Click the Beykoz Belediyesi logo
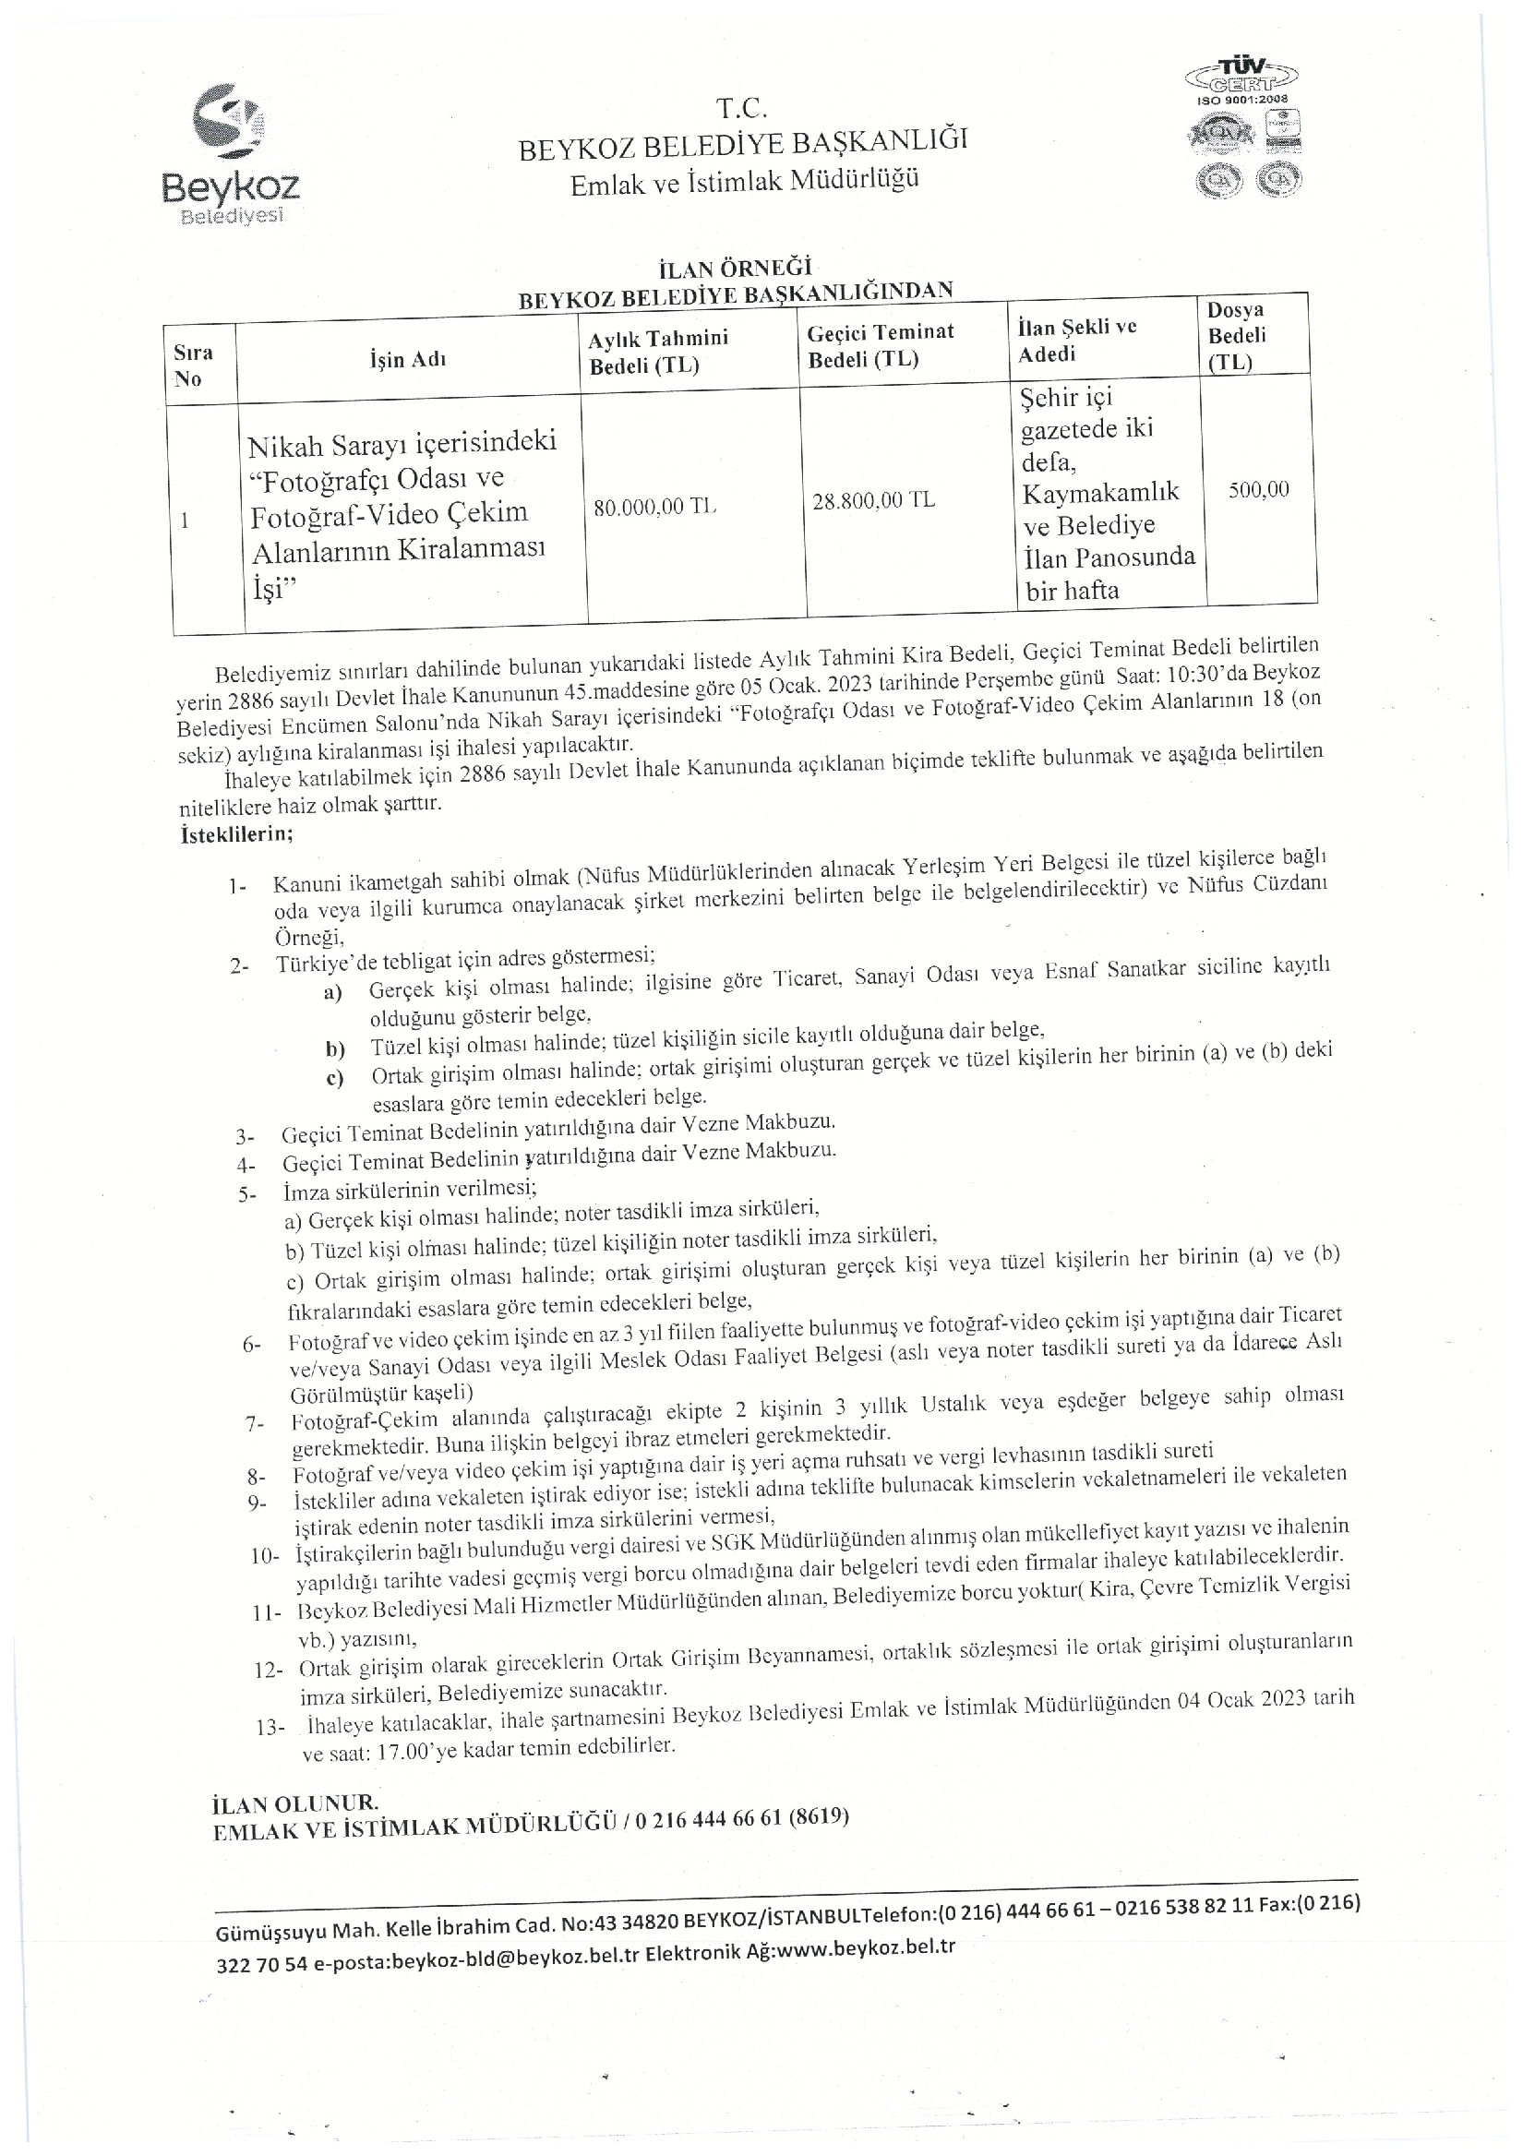pyautogui.click(x=231, y=155)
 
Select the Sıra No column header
pyautogui.click(x=194, y=365)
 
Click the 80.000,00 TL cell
pyautogui.click(x=655, y=507)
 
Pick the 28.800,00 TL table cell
pyautogui.click(x=873, y=499)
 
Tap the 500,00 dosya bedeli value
pyautogui.click(x=1258, y=489)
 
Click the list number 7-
pyautogui.click(x=255, y=1424)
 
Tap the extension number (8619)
pyautogui.click(x=819, y=1816)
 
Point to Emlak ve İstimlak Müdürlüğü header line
pyautogui.click(x=744, y=181)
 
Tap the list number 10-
pyautogui.click(x=265, y=1556)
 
